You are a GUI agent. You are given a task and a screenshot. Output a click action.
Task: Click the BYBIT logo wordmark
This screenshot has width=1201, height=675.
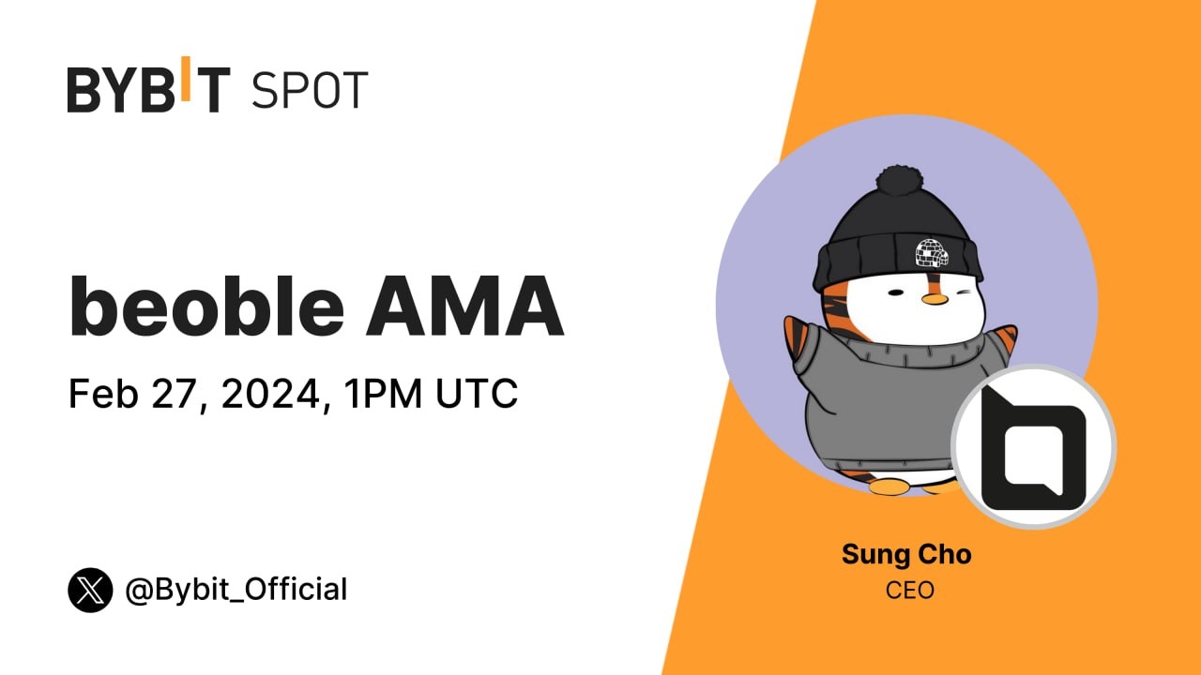pyautogui.click(x=148, y=89)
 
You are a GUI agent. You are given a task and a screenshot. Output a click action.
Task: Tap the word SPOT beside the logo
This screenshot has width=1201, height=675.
pyautogui.click(x=310, y=90)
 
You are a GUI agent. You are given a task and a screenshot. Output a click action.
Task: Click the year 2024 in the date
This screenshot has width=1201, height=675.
pyautogui.click(x=268, y=394)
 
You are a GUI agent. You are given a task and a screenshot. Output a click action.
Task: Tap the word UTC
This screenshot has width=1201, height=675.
pyautogui.click(x=477, y=394)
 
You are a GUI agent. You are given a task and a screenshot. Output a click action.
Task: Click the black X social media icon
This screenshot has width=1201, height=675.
pyautogui.click(x=90, y=590)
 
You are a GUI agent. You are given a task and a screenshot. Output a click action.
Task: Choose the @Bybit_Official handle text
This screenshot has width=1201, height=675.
pyautogui.click(x=236, y=590)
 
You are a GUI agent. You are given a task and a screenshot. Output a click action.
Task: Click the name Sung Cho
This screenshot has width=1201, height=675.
pyautogui.click(x=906, y=554)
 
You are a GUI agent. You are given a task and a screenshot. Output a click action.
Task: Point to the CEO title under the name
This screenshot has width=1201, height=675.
pyautogui.click(x=909, y=591)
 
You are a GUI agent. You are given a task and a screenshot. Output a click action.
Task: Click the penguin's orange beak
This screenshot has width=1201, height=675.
pyautogui.click(x=933, y=298)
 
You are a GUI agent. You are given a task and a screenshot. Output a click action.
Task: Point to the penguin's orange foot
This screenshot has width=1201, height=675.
pyautogui.click(x=888, y=487)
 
